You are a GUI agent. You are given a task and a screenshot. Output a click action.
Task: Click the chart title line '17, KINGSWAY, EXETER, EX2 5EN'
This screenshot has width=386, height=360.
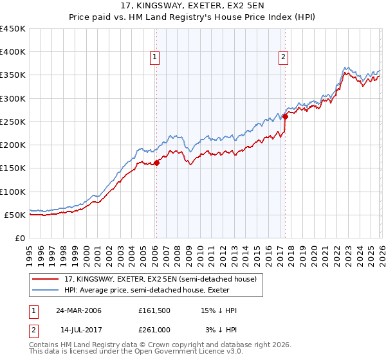click(x=192, y=6)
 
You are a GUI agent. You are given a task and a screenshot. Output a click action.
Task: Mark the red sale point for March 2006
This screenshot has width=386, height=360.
click(x=156, y=163)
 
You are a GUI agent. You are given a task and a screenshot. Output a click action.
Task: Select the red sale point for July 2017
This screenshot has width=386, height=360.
click(x=285, y=117)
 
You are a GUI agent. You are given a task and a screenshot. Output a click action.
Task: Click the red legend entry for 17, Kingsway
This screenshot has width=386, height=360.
click(x=160, y=279)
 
